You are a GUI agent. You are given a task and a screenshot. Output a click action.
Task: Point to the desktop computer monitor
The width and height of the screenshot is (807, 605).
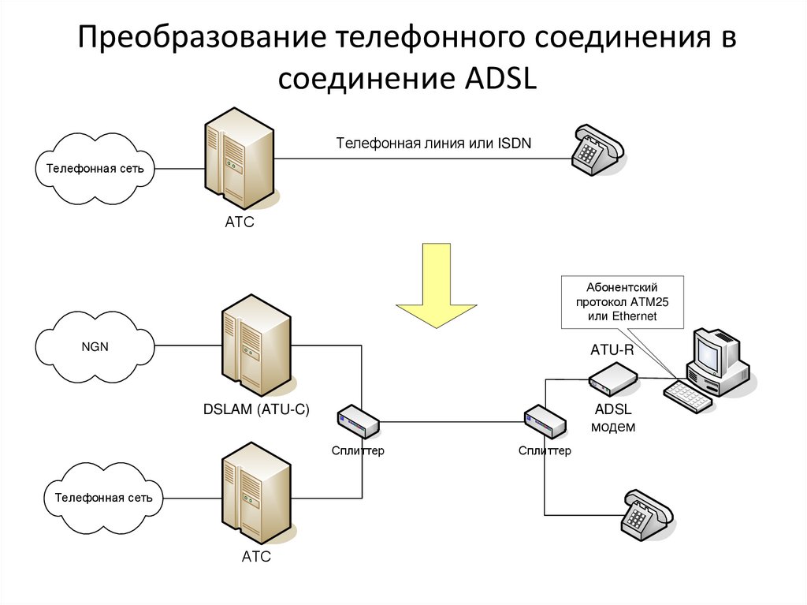(x=714, y=352)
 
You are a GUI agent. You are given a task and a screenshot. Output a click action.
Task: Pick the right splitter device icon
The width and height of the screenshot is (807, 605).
(x=545, y=423)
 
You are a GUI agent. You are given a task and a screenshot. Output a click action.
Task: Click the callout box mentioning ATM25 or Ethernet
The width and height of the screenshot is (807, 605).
(x=621, y=302)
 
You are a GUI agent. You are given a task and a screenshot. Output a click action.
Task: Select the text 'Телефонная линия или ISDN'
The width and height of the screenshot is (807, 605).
(x=434, y=144)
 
